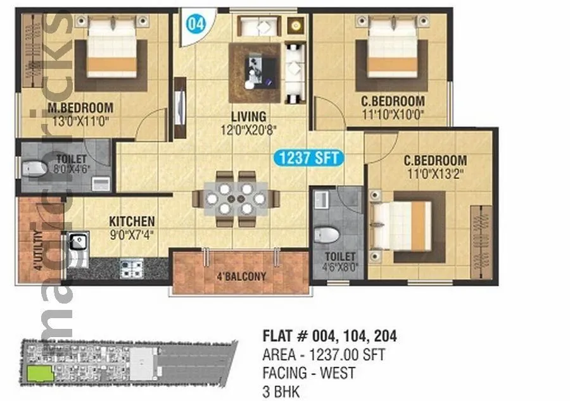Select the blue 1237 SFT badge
point(308,157)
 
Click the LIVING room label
point(248,117)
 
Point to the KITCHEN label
point(132,221)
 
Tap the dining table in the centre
point(236,199)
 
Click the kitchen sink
point(78,242)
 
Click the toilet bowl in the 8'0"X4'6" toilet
point(35,168)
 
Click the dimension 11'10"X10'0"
point(393,114)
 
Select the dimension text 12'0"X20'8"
point(248,130)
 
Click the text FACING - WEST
point(308,373)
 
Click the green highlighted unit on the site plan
point(40,373)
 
